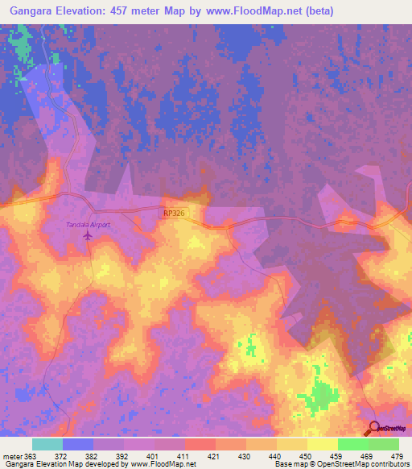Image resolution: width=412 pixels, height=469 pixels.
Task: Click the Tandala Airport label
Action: (88, 225)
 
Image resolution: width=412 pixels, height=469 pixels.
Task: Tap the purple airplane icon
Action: (88, 236)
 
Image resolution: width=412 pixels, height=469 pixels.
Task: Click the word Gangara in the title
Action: (31, 11)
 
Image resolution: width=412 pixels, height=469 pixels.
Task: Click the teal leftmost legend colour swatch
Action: (47, 444)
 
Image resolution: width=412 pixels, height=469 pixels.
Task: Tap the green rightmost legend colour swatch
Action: (383, 444)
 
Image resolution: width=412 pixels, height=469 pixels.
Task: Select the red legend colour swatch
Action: (200, 444)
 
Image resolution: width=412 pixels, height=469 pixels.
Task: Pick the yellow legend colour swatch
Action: (322, 444)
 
